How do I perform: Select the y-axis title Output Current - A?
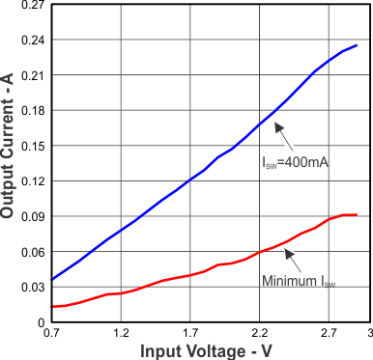coord(9,162)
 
